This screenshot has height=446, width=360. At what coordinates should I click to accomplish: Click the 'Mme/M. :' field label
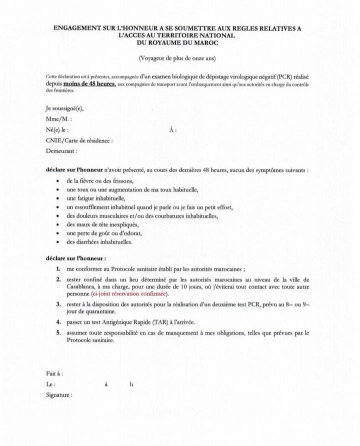pyautogui.click(x=58, y=119)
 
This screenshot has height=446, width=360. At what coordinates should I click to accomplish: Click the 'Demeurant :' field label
pyautogui.click(x=61, y=150)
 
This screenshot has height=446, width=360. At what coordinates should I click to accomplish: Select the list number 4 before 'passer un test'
pyautogui.click(x=58, y=323)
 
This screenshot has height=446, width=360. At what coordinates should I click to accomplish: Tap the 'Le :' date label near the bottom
pyautogui.click(x=50, y=384)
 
